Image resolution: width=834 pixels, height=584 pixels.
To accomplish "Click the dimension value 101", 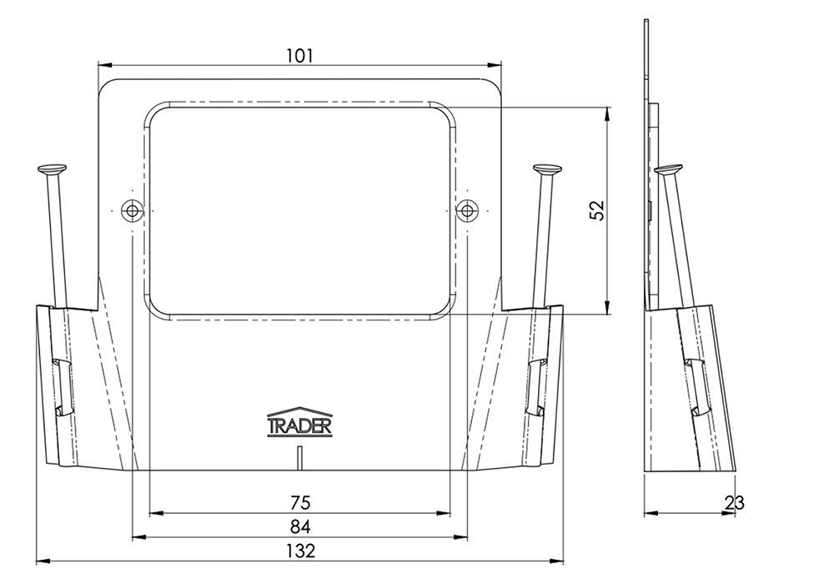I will coord(299,55).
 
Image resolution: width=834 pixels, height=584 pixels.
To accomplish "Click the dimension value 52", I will coord(597,210).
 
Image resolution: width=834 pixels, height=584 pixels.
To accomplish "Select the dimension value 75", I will coord(300,502).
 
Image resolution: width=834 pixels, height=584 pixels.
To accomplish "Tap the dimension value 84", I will coord(300,526).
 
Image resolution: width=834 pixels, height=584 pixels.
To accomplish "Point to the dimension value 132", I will coord(300,551).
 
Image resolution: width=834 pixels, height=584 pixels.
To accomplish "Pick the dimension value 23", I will coord(735,502).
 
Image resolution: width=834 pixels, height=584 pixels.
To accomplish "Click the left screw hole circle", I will coord(131,210).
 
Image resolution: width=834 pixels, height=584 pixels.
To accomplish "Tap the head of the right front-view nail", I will coord(547,170).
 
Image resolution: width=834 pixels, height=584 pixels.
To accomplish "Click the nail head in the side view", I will coord(667,170).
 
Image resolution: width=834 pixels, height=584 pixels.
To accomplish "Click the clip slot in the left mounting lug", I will coord(62,386).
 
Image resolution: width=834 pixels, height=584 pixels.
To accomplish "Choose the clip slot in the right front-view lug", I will coord(538,386).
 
